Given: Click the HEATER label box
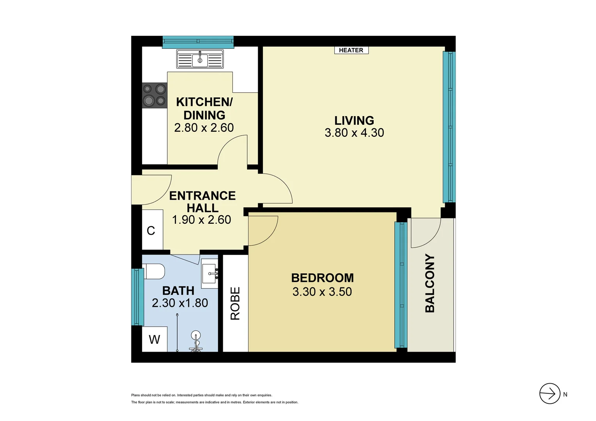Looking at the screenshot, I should click(x=351, y=50).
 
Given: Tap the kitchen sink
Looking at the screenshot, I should click(x=200, y=59).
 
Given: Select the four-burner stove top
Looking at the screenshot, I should click(x=154, y=95).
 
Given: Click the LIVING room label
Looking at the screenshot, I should click(x=354, y=120).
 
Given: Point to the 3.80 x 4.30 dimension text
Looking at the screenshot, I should click(x=354, y=133).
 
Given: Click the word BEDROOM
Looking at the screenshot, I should click(x=322, y=278).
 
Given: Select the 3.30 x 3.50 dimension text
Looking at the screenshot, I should click(x=322, y=292).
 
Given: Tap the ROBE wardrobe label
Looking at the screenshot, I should click(x=235, y=303).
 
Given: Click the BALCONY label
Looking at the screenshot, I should click(x=429, y=283).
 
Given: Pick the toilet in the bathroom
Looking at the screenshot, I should click(x=155, y=271).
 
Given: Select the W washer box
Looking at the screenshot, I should click(x=154, y=339).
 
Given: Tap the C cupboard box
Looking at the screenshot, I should click(x=151, y=231).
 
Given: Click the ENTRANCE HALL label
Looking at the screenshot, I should click(x=202, y=202).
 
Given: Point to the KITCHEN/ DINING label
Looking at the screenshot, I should click(x=204, y=108).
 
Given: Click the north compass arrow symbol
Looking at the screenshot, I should click(x=550, y=394).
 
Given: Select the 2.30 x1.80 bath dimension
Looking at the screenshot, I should click(x=180, y=303).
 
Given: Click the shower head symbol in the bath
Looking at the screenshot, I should click(x=196, y=335).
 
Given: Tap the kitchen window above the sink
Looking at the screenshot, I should click(x=198, y=42).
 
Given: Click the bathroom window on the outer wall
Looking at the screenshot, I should click(x=137, y=297).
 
